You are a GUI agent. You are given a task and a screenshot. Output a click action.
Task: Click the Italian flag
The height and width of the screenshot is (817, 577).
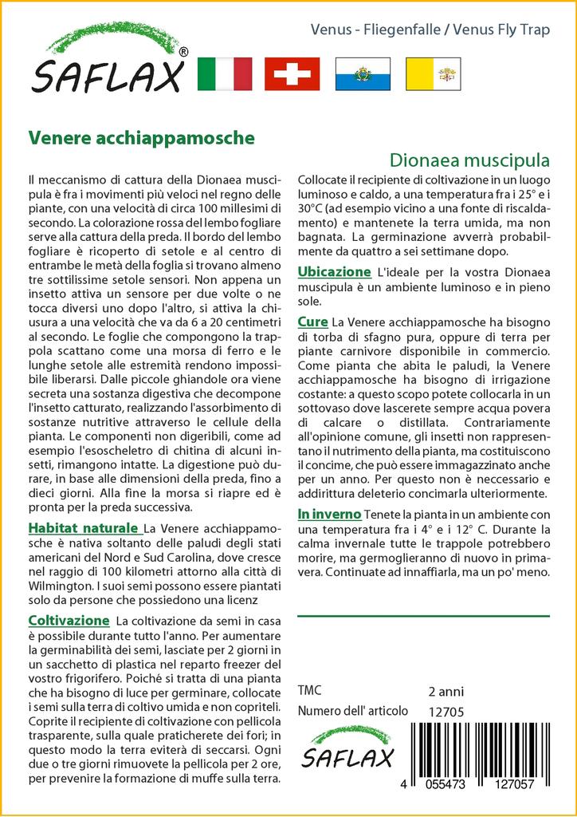click(x=223, y=74)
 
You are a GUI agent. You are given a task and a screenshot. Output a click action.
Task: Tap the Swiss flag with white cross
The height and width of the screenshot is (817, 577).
click(x=292, y=74)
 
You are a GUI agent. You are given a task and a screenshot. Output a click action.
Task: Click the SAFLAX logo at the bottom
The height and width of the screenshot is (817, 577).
click(x=348, y=749)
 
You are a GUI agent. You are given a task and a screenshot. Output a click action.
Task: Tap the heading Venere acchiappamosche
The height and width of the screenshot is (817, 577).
click(x=141, y=137)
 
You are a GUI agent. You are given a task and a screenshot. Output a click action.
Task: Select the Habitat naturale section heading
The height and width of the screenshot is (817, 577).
click(x=83, y=528)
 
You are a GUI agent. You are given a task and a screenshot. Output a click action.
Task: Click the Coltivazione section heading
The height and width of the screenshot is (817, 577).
click(x=69, y=621)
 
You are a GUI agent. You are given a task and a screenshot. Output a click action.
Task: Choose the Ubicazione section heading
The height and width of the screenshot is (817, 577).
click(x=334, y=272)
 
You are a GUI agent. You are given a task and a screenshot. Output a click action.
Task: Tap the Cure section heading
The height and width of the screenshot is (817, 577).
click(x=312, y=322)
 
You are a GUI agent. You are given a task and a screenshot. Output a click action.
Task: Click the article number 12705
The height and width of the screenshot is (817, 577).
click(x=445, y=712)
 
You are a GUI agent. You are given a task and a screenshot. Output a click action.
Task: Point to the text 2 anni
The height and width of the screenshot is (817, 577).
click(x=446, y=691)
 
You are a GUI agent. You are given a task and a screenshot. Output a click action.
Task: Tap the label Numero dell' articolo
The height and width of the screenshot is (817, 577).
click(x=352, y=712)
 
